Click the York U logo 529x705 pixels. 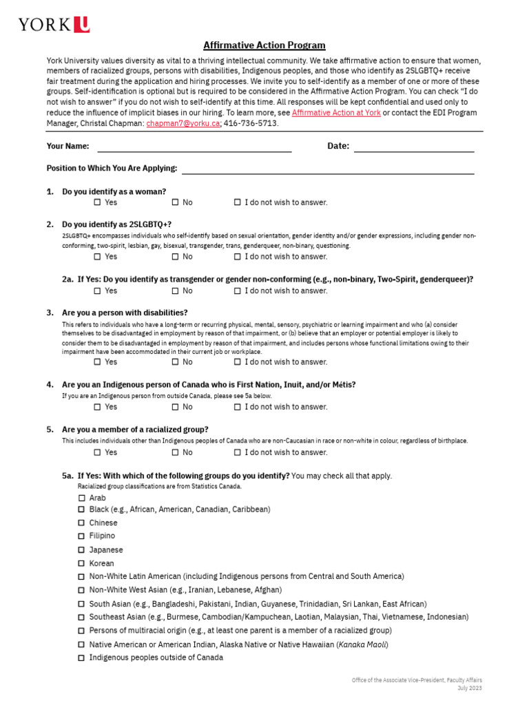tap(54, 25)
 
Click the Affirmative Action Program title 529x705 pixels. tap(264, 45)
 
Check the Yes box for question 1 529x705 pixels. tap(98, 202)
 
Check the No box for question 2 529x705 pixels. tap(176, 257)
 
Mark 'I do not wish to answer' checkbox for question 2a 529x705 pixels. tap(238, 291)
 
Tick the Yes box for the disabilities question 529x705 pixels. tap(98, 362)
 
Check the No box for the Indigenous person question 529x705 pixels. tap(176, 407)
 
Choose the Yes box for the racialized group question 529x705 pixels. tap(98, 452)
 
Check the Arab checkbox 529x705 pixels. tap(82, 498)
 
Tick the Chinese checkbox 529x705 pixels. tap(82, 523)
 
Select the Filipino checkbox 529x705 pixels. tap(82, 536)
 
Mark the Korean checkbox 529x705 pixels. tap(82, 564)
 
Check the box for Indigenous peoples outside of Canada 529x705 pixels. tap(82, 657)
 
